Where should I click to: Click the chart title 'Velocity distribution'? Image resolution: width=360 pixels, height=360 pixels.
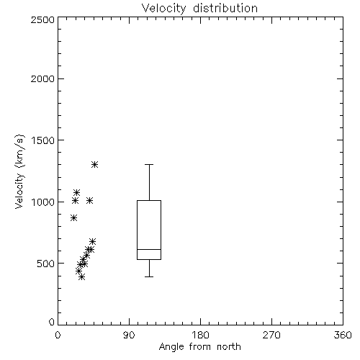(199, 8)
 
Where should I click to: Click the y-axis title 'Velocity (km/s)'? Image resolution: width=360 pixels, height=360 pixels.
(19, 171)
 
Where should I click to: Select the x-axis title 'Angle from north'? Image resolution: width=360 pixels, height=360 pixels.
(199, 347)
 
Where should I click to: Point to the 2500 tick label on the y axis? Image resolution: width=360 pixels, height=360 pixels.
(42, 19)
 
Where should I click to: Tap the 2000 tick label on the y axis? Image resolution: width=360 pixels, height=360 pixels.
(42, 78)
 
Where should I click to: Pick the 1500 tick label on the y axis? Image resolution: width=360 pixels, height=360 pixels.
(43, 140)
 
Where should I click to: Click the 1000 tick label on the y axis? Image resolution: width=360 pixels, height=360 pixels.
(43, 202)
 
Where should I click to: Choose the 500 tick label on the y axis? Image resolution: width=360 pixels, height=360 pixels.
(46, 264)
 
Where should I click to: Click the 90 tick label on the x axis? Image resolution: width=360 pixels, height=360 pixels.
(129, 336)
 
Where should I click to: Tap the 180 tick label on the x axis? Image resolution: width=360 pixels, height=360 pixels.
(200, 336)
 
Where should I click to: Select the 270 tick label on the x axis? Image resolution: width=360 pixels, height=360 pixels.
(271, 336)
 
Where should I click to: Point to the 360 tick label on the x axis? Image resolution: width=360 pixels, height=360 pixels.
(343, 336)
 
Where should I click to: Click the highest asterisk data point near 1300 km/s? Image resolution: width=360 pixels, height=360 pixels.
(95, 164)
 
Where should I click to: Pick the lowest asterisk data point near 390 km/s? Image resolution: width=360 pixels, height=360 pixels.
(82, 277)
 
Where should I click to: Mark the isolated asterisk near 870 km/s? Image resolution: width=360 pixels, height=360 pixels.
(74, 218)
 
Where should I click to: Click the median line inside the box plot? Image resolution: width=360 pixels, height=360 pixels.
(149, 249)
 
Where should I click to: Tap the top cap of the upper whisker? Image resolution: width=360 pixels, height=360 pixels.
(149, 164)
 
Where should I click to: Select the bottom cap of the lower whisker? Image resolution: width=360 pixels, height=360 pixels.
(149, 276)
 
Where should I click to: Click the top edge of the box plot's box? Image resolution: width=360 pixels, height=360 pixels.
(149, 200)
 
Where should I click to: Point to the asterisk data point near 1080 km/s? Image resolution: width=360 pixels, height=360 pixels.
(76, 192)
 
